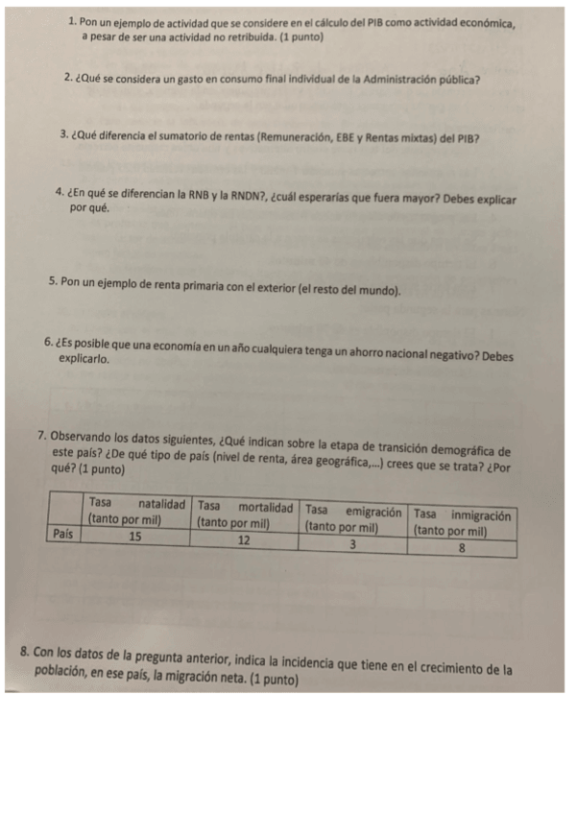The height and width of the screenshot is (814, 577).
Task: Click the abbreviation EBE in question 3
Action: pos(343,137)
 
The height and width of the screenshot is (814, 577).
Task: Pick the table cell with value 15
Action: pos(135,537)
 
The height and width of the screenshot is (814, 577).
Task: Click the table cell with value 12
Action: pos(244,540)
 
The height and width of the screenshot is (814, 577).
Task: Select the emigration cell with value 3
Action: pos(352,545)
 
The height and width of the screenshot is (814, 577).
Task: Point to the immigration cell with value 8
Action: pos(462,549)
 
